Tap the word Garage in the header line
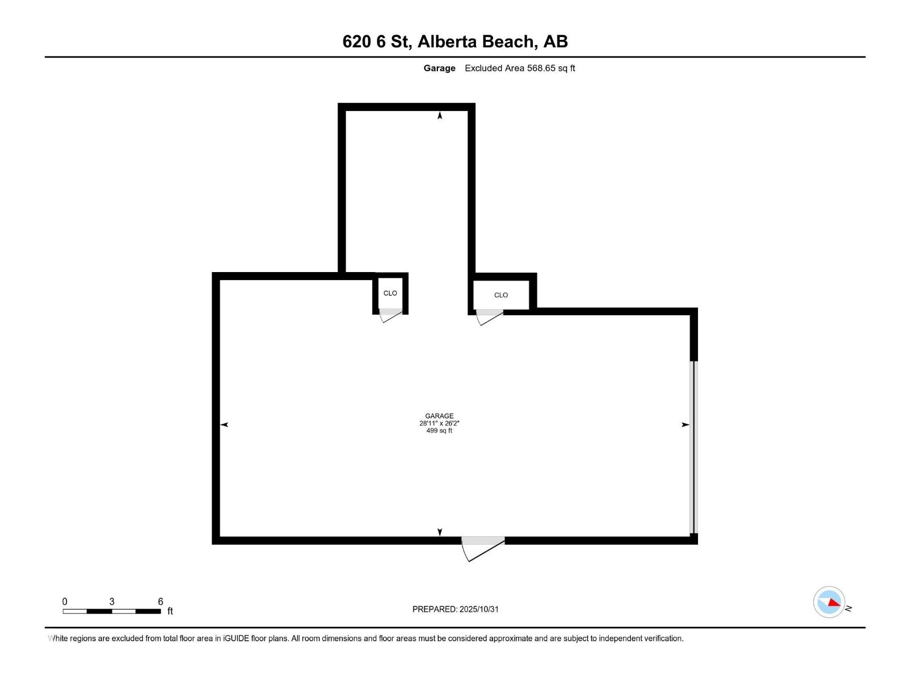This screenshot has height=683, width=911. coord(439,68)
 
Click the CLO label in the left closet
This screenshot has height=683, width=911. coord(390,293)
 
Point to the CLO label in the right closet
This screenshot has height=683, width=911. coord(501,295)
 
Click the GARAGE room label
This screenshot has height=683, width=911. coord(439,416)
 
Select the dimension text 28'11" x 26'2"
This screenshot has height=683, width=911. coord(439,423)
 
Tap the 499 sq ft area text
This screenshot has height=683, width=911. coord(439,431)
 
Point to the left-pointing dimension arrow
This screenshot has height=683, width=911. coord(224,425)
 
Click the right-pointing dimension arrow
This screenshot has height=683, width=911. coord(686,425)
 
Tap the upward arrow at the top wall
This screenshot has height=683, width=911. coord(440,116)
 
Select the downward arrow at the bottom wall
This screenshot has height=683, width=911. coord(440,532)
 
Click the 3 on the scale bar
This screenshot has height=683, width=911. coord(112,602)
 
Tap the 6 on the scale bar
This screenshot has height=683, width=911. coord(161,602)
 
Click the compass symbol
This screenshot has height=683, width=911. coord(829,602)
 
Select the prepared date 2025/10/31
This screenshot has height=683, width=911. coord(479,609)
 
